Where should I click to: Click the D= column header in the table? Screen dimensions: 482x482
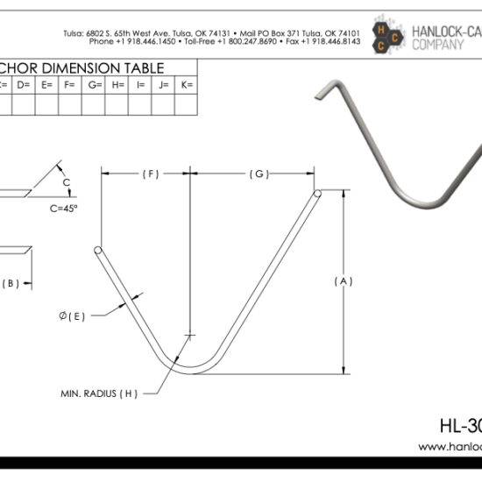[23, 84]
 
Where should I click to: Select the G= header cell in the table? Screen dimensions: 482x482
[94, 84]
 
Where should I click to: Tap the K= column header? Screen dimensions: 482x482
[186, 84]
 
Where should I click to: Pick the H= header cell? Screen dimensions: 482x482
[117, 84]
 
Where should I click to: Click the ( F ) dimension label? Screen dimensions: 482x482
[150, 174]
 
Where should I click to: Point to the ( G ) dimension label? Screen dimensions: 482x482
[259, 174]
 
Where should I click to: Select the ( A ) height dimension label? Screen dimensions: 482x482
[343, 280]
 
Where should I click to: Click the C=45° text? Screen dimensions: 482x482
[64, 208]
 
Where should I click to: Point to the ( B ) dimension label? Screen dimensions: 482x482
[10, 283]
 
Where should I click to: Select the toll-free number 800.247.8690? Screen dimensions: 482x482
[251, 41]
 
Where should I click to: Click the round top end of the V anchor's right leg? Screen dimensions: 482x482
[318, 194]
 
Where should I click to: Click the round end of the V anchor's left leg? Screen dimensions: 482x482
[98, 252]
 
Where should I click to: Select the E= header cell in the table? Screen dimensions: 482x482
[46, 84]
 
